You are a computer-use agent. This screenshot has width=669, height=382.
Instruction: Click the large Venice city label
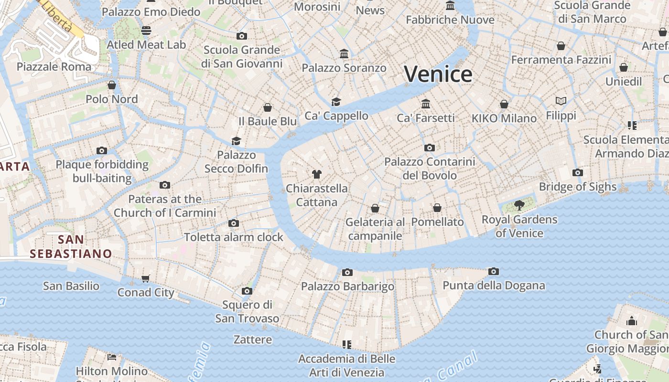click(x=438, y=74)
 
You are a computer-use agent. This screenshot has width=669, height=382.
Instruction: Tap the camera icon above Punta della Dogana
click(x=494, y=271)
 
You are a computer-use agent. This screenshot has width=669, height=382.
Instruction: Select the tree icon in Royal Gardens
click(x=519, y=205)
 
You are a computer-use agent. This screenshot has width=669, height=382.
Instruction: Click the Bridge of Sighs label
click(x=578, y=187)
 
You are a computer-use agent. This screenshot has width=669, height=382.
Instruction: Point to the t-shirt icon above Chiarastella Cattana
click(x=316, y=174)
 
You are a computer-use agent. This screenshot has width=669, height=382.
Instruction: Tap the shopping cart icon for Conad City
click(x=146, y=278)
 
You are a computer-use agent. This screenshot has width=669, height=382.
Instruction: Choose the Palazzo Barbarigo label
click(x=347, y=286)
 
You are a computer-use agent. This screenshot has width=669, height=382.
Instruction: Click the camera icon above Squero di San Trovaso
click(x=247, y=291)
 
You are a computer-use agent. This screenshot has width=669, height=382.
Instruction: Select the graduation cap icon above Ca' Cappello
click(x=336, y=102)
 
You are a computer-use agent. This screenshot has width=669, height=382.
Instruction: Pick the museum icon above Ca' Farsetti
click(x=426, y=104)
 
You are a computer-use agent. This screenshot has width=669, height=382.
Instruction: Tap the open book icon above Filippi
click(x=561, y=101)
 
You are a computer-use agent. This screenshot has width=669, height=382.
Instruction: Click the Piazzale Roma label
click(x=54, y=66)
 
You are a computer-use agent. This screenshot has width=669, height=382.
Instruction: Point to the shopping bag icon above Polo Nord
click(x=112, y=85)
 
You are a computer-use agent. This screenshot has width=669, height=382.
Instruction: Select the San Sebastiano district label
click(x=71, y=246)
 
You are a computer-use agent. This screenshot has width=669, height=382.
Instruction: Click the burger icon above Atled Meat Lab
click(x=146, y=31)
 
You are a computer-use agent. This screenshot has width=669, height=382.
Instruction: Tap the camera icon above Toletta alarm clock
click(x=234, y=223)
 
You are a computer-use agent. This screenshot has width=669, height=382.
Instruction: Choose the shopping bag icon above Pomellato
click(x=437, y=208)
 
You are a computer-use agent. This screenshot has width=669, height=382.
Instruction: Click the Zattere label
click(x=253, y=340)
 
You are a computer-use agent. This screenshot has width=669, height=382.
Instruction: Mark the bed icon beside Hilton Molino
click(x=112, y=357)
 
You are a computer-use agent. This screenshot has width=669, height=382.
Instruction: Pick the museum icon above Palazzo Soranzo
click(x=344, y=53)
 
